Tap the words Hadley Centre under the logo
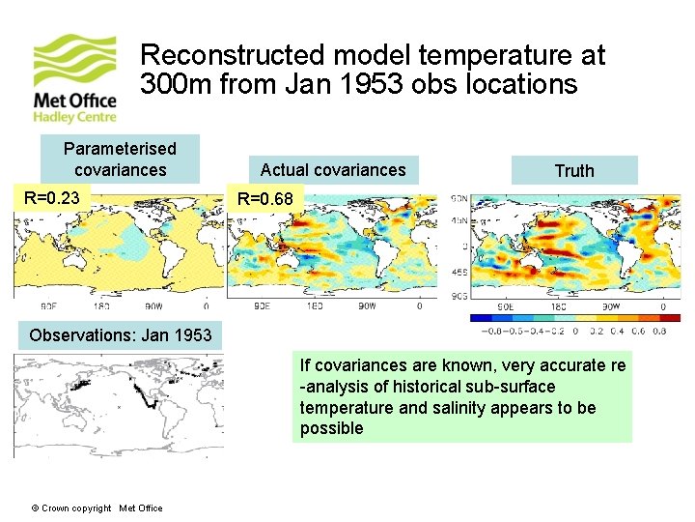pyautogui.click(x=74, y=117)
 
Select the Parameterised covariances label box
pyautogui.click(x=120, y=159)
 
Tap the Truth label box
pyautogui.click(x=574, y=171)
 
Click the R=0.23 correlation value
pyautogui.click(x=52, y=199)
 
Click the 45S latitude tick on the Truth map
pyautogui.click(x=460, y=272)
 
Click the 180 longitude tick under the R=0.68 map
pyautogui.click(x=315, y=306)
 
